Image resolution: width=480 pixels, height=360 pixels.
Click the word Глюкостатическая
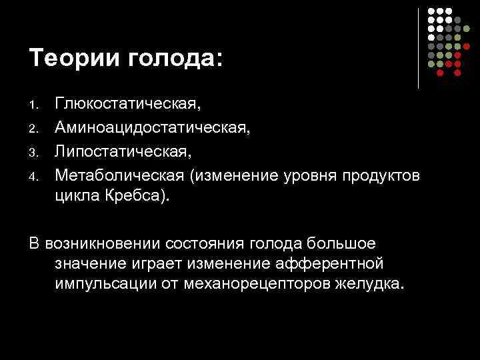click(x=127, y=104)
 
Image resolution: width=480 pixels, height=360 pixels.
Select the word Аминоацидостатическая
click(x=153, y=127)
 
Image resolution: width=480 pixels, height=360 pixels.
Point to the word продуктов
click(x=381, y=175)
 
